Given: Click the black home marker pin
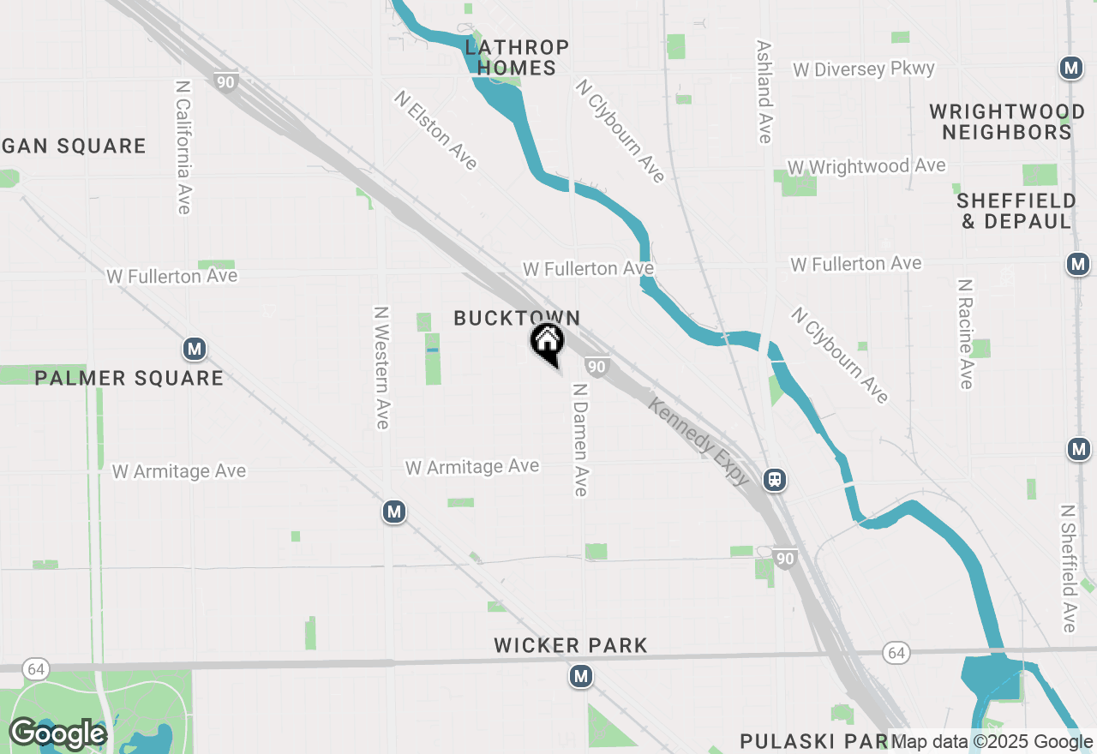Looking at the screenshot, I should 547,344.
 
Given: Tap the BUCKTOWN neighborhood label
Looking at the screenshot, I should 517,318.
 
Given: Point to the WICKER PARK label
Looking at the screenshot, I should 571,645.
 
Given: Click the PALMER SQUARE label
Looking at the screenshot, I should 129,378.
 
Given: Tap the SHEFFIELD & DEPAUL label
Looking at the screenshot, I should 1016,211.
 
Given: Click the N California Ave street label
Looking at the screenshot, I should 183,147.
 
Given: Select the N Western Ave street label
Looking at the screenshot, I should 381,367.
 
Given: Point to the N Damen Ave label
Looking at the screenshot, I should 580,439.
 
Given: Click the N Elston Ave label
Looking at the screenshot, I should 435,130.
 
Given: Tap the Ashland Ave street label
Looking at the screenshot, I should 764,92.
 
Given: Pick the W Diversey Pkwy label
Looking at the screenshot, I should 863,69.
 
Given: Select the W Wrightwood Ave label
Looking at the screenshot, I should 866,166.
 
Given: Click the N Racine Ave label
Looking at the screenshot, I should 966,333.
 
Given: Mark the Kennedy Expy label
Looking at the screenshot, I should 699,441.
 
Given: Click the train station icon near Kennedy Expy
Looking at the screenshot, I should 775,480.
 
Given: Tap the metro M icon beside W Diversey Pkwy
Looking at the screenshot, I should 1070,68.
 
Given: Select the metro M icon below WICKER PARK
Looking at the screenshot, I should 581,677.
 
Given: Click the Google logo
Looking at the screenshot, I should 57,734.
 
